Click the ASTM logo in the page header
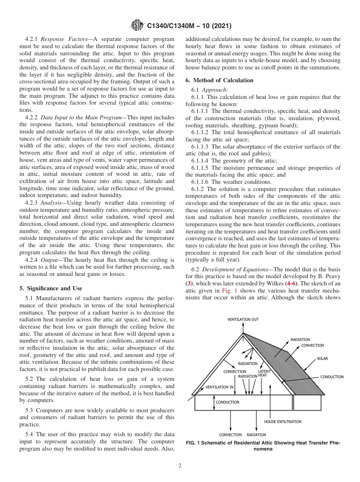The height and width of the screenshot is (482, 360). point(136,26)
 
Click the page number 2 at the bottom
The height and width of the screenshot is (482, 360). point(180,466)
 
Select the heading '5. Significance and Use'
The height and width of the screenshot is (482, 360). point(50,288)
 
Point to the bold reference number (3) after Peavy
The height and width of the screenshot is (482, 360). point(190,283)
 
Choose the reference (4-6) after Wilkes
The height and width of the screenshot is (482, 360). point(290,283)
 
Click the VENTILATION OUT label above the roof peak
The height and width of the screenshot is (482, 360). point(243,319)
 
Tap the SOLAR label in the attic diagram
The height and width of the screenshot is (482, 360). point(322,358)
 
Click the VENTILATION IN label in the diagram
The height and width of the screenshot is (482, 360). point(219,387)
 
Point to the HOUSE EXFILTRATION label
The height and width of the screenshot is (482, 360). point(283,421)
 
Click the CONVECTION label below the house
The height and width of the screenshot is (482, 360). point(230,435)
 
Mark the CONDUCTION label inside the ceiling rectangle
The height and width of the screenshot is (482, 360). point(227,402)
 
